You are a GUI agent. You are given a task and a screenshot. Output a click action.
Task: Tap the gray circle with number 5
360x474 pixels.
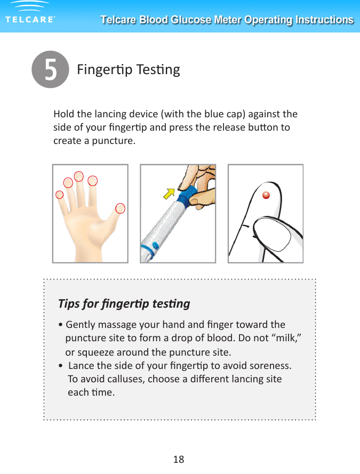50,70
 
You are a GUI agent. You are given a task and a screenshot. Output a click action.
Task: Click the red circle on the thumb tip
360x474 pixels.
121,208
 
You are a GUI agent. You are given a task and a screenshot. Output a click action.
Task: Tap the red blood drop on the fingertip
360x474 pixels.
266,195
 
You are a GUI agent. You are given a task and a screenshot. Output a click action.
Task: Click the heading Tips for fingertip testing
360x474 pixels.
124,304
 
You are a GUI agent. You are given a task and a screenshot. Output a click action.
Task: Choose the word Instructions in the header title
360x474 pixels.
322,20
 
